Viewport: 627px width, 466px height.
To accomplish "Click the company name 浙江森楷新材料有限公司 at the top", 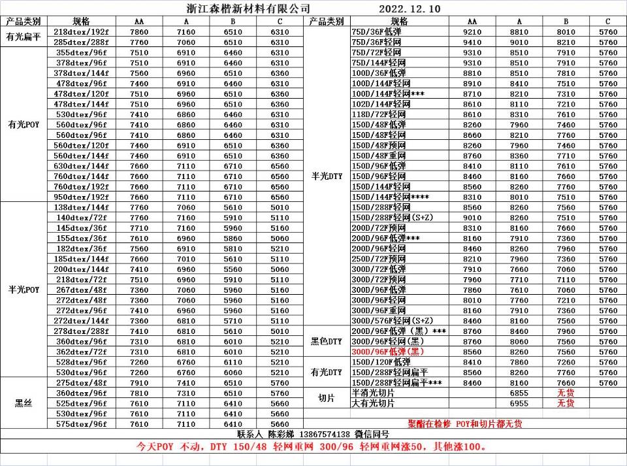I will pyautogui.click(x=239, y=8).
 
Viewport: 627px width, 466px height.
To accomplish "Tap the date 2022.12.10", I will pyautogui.click(x=410, y=8).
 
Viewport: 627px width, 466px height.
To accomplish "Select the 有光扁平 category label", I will pyautogui.click(x=24, y=37).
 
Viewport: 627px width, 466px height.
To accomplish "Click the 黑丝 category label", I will pyautogui.click(x=24, y=403).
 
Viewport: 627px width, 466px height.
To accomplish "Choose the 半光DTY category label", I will pyautogui.click(x=327, y=175).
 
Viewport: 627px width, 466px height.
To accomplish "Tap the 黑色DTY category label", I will pyautogui.click(x=327, y=341).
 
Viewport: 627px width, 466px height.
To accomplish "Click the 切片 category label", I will pyautogui.click(x=327, y=397).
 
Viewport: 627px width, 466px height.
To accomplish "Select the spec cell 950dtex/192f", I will pyautogui.click(x=82, y=197).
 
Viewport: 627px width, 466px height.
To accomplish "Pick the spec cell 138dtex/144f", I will pyautogui.click(x=82, y=207).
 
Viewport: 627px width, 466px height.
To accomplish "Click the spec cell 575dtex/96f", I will pyautogui.click(x=82, y=424).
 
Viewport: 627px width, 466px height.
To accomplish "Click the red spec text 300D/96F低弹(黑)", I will pyautogui.click(x=388, y=351).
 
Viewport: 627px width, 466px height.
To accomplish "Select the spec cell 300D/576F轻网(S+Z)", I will pyautogui.click(x=392, y=320).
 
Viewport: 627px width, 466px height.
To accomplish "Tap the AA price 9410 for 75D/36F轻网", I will pyautogui.click(x=472, y=42).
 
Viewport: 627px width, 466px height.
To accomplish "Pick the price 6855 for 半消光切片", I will pyautogui.click(x=519, y=393).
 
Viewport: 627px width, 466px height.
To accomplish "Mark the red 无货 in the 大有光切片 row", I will pyautogui.click(x=566, y=403).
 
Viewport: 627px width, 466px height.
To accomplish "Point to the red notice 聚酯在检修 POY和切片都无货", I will pyautogui.click(x=465, y=424).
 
